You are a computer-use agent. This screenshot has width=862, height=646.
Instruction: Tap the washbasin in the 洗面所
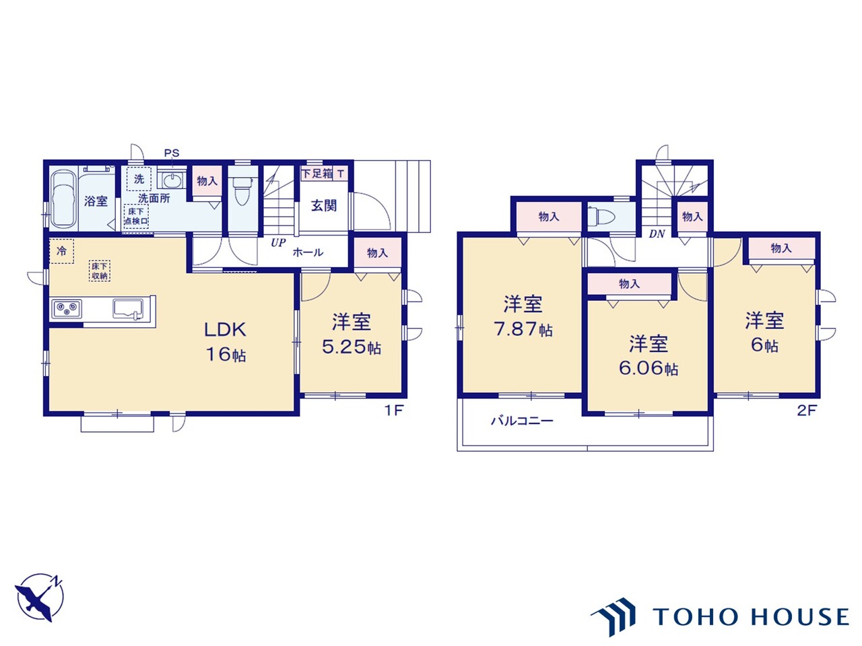(x=172, y=181)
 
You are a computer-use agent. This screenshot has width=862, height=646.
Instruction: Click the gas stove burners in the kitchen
(x=67, y=309)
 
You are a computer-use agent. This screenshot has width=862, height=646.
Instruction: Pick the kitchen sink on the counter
(x=128, y=308)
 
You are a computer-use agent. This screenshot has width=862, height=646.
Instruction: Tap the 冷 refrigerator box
(x=62, y=251)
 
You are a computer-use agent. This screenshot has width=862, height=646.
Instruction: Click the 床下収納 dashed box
(x=100, y=271)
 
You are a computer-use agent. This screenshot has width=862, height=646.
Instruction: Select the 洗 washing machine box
(x=139, y=179)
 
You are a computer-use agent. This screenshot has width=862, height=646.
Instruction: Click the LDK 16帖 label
(x=226, y=342)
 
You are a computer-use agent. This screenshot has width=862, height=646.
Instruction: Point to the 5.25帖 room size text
(x=352, y=347)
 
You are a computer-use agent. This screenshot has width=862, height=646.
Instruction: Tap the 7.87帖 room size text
(x=523, y=330)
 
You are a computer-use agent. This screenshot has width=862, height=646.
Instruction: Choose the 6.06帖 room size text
(x=649, y=368)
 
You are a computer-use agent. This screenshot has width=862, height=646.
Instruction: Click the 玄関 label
(x=324, y=205)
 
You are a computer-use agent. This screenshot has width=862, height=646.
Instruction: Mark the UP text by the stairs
(x=278, y=243)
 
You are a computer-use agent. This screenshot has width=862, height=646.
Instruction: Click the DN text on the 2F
(x=657, y=234)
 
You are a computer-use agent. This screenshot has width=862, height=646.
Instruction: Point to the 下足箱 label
(x=317, y=173)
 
